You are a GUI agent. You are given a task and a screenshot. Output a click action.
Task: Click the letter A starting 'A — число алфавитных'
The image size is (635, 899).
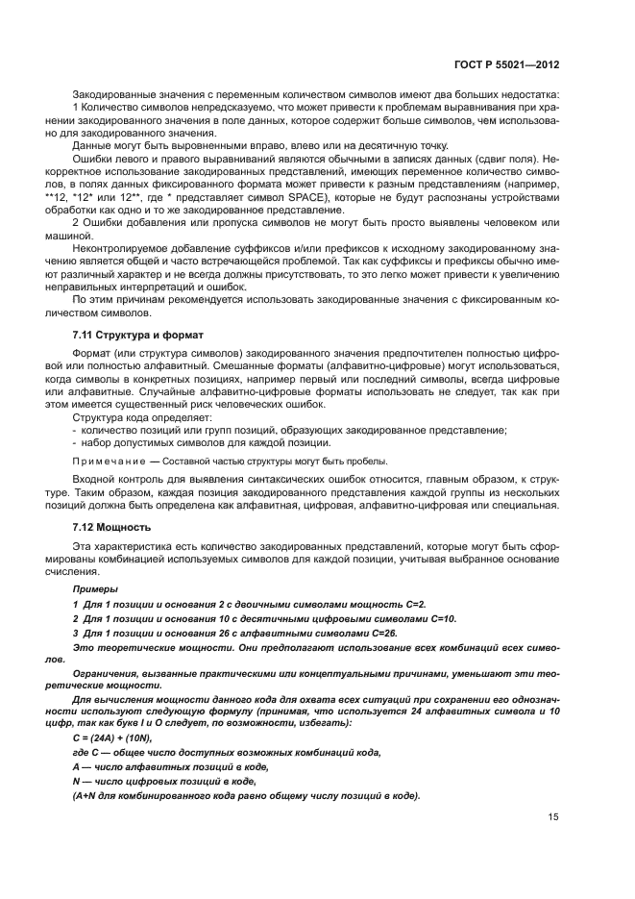click(x=76, y=766)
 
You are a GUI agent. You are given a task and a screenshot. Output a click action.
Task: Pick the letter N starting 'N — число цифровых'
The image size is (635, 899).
click(x=76, y=782)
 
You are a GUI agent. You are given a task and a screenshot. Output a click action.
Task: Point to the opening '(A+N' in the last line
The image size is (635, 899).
click(x=87, y=797)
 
